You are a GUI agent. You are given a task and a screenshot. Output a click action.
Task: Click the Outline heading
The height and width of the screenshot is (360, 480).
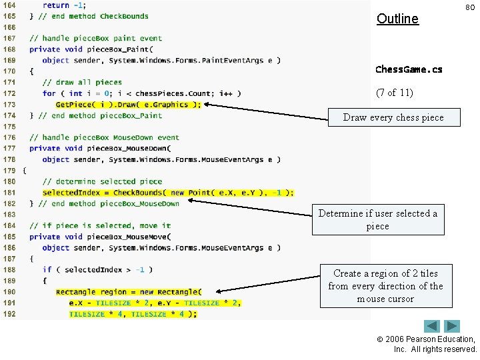pyautogui.click(x=397, y=19)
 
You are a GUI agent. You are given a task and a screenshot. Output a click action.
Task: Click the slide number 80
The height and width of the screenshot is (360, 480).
pyautogui.click(x=470, y=7)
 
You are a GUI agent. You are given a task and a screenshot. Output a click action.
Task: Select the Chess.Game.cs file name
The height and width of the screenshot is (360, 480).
pyautogui.click(x=408, y=69)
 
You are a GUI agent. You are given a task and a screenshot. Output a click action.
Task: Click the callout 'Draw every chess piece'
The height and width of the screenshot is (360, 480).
pyautogui.click(x=393, y=118)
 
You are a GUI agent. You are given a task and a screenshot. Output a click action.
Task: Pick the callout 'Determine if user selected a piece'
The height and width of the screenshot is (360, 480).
pyautogui.click(x=378, y=220)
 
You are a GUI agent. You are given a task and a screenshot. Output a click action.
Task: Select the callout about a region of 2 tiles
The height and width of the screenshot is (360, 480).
pyautogui.click(x=385, y=286)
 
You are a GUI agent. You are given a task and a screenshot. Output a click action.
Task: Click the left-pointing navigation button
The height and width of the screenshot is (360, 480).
pyautogui.click(x=432, y=327)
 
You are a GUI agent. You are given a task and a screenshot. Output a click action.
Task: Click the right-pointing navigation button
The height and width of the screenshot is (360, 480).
pyautogui.click(x=452, y=327)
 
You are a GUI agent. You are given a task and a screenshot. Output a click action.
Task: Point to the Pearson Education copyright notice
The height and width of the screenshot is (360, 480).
pyautogui.click(x=435, y=344)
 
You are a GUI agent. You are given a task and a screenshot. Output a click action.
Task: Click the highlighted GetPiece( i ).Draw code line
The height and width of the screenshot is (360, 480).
pyautogui.click(x=128, y=105)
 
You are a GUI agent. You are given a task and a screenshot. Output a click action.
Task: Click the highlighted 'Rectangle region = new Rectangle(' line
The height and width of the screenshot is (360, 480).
pyautogui.click(x=128, y=292)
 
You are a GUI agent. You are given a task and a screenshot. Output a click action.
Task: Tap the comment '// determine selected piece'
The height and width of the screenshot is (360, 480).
pyautogui.click(x=102, y=181)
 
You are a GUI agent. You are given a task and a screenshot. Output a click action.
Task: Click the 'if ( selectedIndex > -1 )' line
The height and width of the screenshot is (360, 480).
pyautogui.click(x=97, y=269)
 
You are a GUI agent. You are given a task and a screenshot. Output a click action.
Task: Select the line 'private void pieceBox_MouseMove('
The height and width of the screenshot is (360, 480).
pyautogui.click(x=100, y=237)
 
